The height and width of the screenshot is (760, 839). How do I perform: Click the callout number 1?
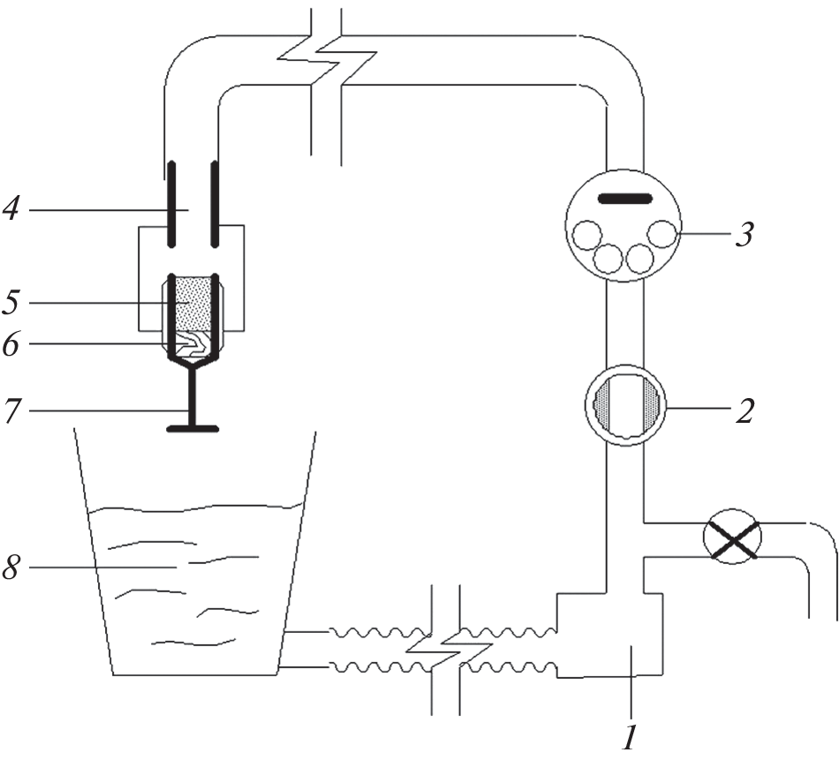(x=631, y=738)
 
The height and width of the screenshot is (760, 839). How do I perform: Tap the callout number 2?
(x=745, y=410)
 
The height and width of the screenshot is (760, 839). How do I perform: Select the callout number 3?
(x=745, y=234)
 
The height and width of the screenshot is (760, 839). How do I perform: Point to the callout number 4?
(x=11, y=208)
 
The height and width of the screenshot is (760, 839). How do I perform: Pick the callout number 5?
(x=11, y=302)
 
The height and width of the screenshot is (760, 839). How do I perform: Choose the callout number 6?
(x=11, y=344)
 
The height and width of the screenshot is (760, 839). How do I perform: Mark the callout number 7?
(x=11, y=410)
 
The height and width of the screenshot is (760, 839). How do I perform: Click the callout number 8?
(x=11, y=567)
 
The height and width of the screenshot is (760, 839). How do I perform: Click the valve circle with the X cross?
(x=731, y=536)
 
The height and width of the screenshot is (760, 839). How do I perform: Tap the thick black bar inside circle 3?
(x=625, y=199)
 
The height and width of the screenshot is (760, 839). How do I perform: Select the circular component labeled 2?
(x=625, y=405)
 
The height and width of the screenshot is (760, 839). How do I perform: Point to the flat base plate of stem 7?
(x=193, y=428)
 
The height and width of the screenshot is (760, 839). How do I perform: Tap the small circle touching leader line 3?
(x=661, y=234)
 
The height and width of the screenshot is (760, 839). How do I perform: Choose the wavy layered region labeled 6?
(x=193, y=344)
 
